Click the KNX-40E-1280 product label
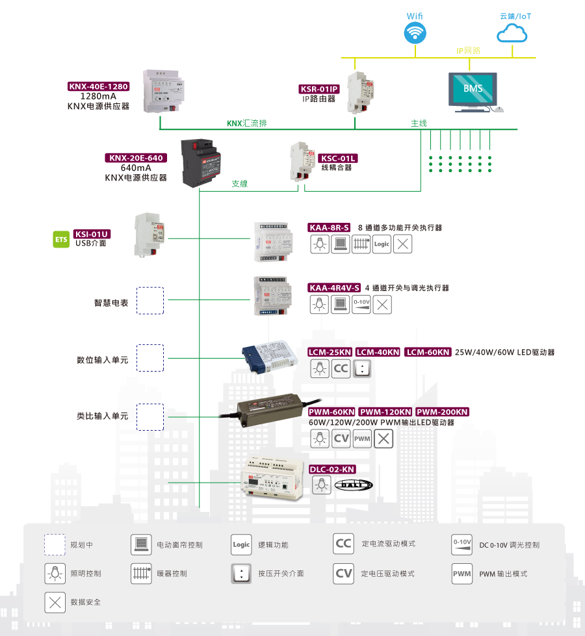point(99,86)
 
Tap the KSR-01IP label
point(318,90)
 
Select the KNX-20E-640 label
point(136,158)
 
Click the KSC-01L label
point(337,158)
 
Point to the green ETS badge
point(60,239)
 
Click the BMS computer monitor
point(473,89)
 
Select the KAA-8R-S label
point(329,228)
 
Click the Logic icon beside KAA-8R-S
point(382,244)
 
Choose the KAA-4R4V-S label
point(335,288)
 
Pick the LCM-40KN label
point(378,352)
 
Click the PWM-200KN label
point(441,412)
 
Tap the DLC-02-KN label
point(331,469)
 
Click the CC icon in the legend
point(343,544)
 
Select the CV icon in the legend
point(343,573)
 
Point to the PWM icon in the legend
point(461,573)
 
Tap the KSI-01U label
point(92,234)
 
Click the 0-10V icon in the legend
point(461,544)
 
